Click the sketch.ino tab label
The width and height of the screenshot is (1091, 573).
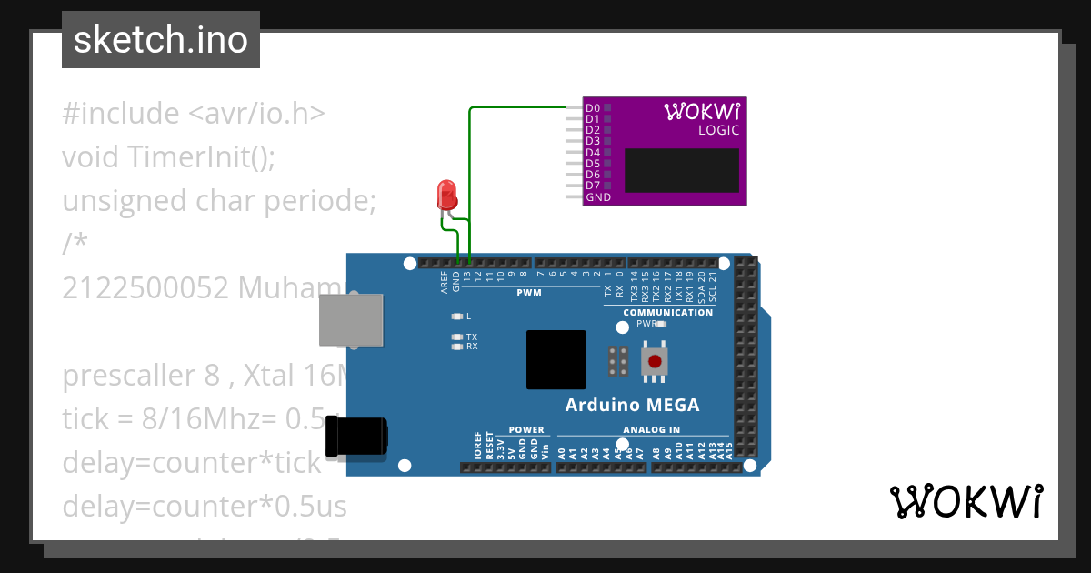(160, 40)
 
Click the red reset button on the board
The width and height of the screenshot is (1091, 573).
(654, 361)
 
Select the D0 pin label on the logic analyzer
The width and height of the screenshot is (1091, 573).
(593, 108)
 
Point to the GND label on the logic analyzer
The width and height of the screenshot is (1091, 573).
(598, 197)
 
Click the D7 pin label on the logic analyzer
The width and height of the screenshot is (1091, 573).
(593, 186)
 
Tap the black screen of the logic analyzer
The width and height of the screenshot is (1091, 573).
(681, 170)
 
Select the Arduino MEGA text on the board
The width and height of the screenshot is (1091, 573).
(632, 405)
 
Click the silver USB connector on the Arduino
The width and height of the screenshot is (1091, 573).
(351, 319)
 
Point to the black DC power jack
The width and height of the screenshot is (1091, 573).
(356, 437)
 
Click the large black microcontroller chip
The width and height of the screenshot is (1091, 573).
(556, 359)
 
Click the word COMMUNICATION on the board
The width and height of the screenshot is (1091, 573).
(667, 313)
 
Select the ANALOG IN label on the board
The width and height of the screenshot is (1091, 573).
(651, 430)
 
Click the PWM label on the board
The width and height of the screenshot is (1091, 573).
(529, 293)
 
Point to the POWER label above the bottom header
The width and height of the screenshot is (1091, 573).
(526, 430)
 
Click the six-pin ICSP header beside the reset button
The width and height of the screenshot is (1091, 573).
(618, 361)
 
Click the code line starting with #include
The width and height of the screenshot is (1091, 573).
(194, 114)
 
